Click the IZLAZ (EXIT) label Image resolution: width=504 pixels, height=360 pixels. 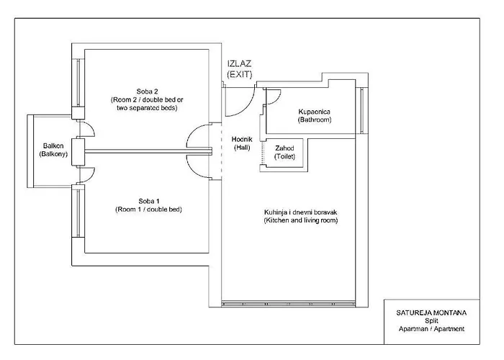click(x=240, y=69)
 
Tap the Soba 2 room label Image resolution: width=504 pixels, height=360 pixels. click(x=147, y=99)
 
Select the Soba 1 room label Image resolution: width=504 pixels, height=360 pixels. click(x=148, y=205)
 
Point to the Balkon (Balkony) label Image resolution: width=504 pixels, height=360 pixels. click(x=53, y=150)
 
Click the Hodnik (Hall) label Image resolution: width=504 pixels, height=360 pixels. click(x=242, y=143)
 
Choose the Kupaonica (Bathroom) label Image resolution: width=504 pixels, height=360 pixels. click(x=315, y=116)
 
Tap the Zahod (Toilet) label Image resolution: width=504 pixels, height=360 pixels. click(x=284, y=153)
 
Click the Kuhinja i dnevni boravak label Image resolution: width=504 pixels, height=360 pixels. click(x=300, y=216)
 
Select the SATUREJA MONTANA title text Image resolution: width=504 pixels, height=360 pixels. click(x=431, y=312)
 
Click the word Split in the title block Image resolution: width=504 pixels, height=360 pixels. click(x=431, y=321)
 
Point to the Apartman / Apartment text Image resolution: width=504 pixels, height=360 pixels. click(x=431, y=329)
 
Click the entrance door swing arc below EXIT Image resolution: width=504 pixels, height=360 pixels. click(x=248, y=107)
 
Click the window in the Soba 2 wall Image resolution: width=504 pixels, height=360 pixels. click(x=78, y=83)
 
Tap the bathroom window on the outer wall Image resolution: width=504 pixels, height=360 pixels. click(x=362, y=110)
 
